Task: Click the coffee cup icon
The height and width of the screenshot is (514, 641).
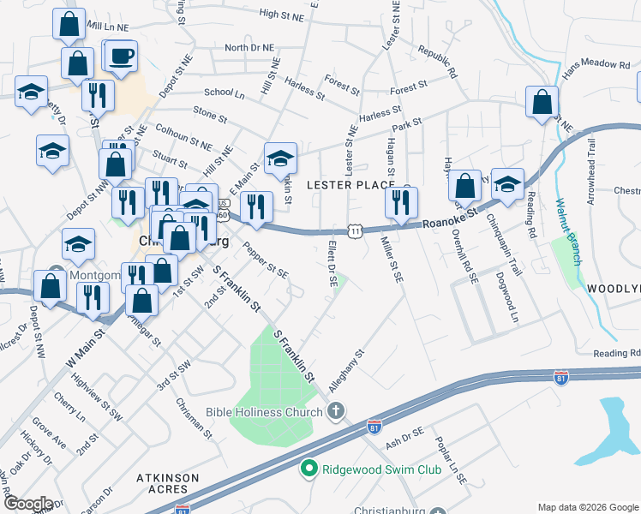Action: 121,57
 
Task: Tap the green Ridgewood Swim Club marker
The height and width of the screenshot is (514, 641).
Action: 309,469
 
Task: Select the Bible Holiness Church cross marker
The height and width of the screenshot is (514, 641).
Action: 336,412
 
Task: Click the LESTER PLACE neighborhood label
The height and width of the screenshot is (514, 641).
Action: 350,185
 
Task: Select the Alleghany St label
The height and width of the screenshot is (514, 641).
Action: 347,364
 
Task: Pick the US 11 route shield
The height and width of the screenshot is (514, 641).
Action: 354,230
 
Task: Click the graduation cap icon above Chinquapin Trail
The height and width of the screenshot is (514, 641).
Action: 507,184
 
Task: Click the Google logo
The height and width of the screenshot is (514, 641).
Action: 28,504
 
